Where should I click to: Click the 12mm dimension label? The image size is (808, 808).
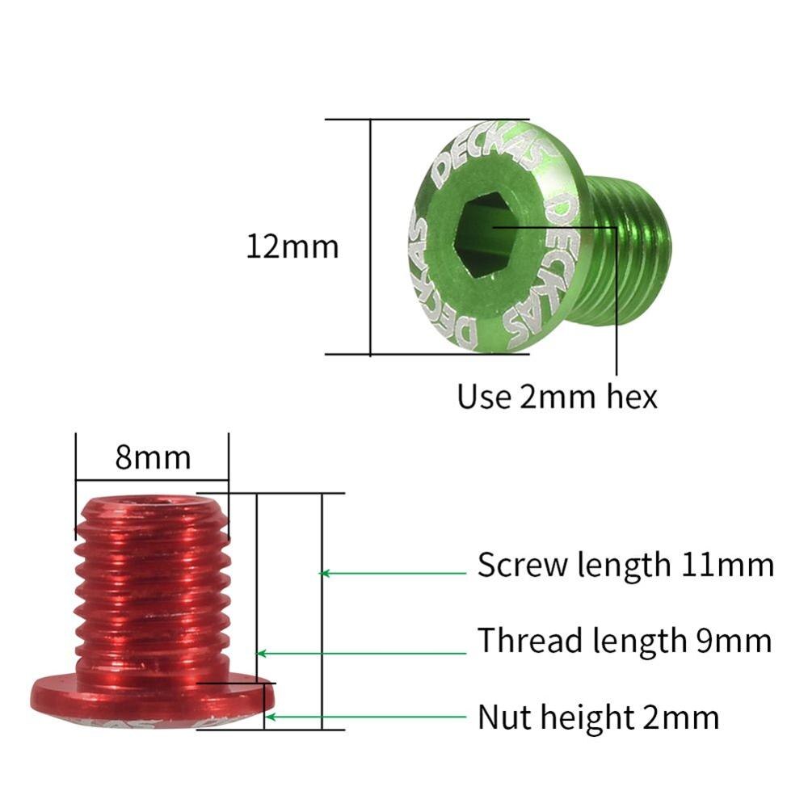pyautogui.click(x=292, y=246)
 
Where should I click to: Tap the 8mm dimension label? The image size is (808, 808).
pyautogui.click(x=153, y=458)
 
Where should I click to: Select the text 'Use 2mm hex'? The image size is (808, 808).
pyautogui.click(x=557, y=397)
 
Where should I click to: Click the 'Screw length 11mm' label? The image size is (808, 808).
pyautogui.click(x=625, y=565)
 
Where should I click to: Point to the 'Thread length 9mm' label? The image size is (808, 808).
pyautogui.click(x=624, y=641)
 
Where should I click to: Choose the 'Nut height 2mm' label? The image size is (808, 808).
pyautogui.click(x=598, y=717)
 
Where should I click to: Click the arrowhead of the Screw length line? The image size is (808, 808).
pyautogui.click(x=326, y=573)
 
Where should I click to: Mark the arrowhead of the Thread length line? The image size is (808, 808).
pyautogui.click(x=260, y=653)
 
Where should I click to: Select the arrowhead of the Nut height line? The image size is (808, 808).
pyautogui.click(x=271, y=716)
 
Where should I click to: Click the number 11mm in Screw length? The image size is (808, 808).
pyautogui.click(x=726, y=565)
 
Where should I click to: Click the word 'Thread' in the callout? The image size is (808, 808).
pyautogui.click(x=530, y=641)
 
